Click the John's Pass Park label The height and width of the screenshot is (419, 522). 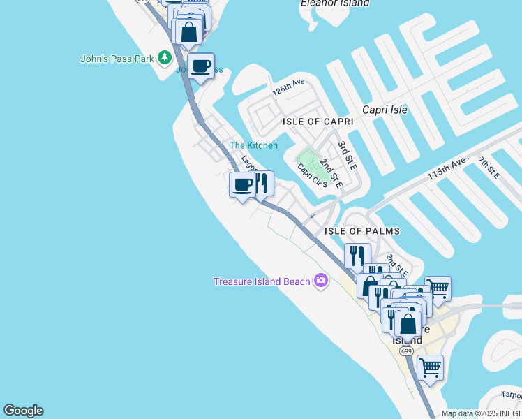click(117, 59)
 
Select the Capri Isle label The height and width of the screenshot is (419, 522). click(385, 110)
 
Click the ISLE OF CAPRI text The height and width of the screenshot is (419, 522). click(318, 122)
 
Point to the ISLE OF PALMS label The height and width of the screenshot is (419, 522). click(362, 231)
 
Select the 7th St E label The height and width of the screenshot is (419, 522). click(488, 168)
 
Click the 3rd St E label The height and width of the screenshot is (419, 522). click(347, 156)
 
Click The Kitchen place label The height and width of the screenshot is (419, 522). click(253, 145)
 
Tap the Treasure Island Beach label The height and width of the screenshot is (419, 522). click(262, 281)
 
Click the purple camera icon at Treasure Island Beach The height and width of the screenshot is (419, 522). click(320, 281)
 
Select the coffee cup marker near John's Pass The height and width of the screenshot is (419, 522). click(200, 66)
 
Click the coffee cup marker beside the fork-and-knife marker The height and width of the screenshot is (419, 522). click(242, 185)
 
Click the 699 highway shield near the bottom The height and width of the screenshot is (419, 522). click(406, 351)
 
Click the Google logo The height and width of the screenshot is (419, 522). click(23, 411)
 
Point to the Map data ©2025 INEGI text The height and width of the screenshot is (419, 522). click(482, 413)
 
